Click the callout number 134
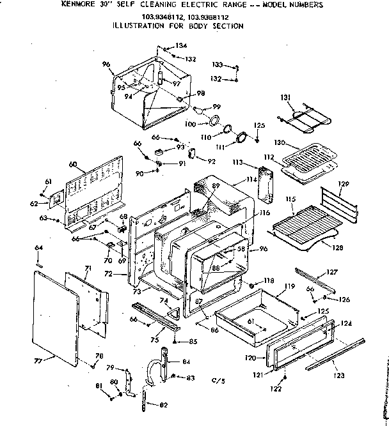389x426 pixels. pos(182,45)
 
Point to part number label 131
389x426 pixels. pos(286,96)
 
